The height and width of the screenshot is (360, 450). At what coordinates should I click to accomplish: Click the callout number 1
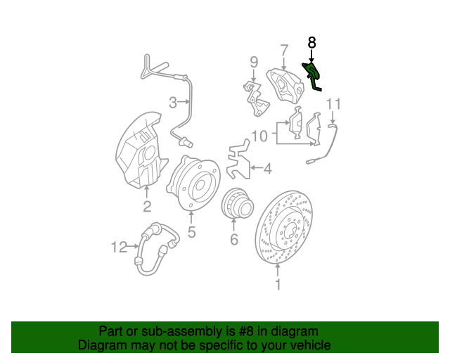pyautogui.click(x=277, y=285)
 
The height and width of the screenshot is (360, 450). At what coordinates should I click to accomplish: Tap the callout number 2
pyautogui.click(x=147, y=206)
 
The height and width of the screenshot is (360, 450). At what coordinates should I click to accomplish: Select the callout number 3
pyautogui.click(x=173, y=104)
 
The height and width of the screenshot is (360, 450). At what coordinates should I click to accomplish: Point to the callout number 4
pyautogui.click(x=267, y=169)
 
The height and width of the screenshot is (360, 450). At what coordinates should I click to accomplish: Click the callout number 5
pyautogui.click(x=191, y=232)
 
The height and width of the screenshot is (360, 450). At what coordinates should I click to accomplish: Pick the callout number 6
pyautogui.click(x=234, y=240)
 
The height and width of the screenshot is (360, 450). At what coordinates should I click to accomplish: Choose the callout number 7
pyautogui.click(x=284, y=50)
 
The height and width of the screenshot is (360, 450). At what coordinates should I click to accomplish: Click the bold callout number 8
pyautogui.click(x=311, y=44)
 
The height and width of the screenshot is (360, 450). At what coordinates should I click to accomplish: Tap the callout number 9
pyautogui.click(x=254, y=64)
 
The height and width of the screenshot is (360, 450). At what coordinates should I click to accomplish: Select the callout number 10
pyautogui.click(x=259, y=135)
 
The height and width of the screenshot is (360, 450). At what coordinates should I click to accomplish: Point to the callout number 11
pyautogui.click(x=333, y=105)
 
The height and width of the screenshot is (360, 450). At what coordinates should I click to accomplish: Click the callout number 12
pyautogui.click(x=119, y=247)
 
